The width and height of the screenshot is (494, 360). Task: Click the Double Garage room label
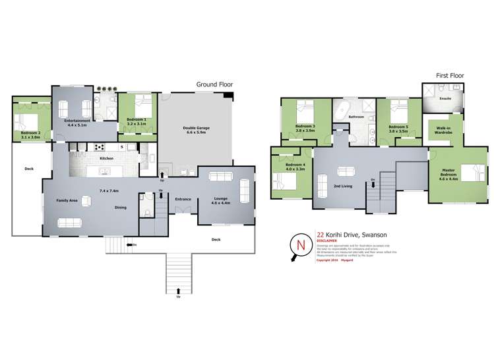[195, 128]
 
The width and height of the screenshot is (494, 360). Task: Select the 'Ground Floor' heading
[214, 84]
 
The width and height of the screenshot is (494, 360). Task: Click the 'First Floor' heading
[450, 76]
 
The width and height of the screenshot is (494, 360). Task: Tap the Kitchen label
[106, 159]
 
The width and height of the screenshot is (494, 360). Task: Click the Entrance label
[183, 198]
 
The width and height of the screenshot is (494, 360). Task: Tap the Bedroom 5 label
[398, 127]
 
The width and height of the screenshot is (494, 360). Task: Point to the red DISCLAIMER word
[328, 241]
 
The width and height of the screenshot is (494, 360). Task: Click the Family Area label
[67, 200]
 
